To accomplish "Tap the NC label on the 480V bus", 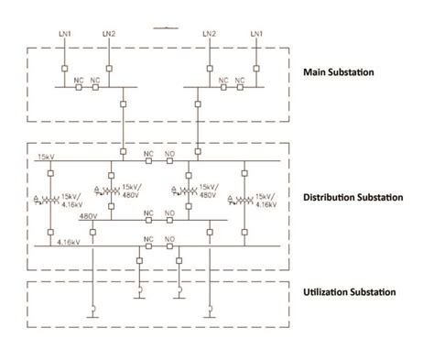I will [148, 213].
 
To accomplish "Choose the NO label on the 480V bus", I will [170, 213].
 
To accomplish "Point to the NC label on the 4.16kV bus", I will [148, 239].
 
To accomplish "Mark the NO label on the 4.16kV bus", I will [170, 239].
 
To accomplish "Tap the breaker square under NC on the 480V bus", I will [148, 222].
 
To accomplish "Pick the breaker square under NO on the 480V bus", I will [170, 222].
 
